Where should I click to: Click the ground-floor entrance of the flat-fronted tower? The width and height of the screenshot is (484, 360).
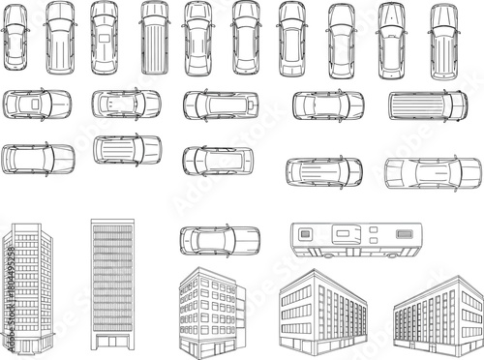coord(112,342)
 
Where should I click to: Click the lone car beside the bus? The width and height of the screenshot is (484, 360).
coord(220,240)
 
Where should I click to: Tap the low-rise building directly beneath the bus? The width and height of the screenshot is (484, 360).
coord(322,312)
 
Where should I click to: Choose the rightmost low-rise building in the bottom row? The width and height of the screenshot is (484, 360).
coord(439,315)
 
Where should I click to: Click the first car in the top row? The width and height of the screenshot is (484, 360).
coord(15,38)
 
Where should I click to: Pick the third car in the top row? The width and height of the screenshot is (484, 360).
coord(105,38)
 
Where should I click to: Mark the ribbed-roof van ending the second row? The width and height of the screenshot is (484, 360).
coord(428,105)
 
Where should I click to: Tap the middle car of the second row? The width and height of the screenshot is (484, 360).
coord(221,105)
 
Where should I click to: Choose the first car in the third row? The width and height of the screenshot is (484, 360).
coord(39,158)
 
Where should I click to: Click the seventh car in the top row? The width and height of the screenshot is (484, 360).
coord(291,39)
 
